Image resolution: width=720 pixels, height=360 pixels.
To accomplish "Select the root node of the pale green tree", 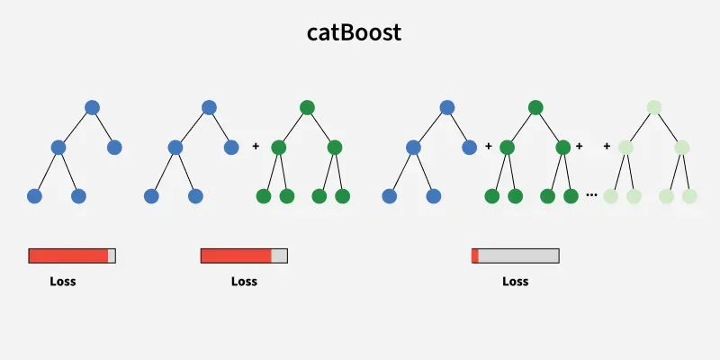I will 653,108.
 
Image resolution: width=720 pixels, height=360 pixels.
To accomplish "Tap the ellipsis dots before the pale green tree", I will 591,193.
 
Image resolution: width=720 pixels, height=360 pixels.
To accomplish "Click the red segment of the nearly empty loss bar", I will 475,256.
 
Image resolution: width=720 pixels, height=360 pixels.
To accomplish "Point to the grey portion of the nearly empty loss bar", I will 518,256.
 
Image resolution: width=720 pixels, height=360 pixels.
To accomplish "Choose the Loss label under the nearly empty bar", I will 515,281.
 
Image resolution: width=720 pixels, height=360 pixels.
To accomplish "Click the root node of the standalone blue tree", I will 92,108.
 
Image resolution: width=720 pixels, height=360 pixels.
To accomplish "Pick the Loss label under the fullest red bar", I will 63,281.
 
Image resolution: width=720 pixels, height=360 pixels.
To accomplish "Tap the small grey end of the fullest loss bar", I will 112,256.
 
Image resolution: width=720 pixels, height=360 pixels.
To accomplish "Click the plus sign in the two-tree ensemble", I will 256,145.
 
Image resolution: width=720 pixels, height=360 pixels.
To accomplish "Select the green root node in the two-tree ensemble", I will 307,108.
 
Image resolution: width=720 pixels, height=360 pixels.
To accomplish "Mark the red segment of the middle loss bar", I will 236,256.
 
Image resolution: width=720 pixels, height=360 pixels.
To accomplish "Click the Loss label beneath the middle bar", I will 244,281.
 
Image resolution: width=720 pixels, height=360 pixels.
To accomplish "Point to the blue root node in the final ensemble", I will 447,108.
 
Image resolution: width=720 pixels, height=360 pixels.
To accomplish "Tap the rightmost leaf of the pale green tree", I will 689,195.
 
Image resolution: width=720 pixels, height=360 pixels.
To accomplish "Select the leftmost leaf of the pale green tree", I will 611,195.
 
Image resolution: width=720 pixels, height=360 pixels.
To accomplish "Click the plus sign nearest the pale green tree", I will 607,145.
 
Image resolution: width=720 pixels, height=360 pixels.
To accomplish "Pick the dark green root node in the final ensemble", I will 535,108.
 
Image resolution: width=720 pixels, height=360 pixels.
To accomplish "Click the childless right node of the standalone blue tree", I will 114,147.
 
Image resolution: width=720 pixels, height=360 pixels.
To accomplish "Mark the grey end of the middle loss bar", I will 279,256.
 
